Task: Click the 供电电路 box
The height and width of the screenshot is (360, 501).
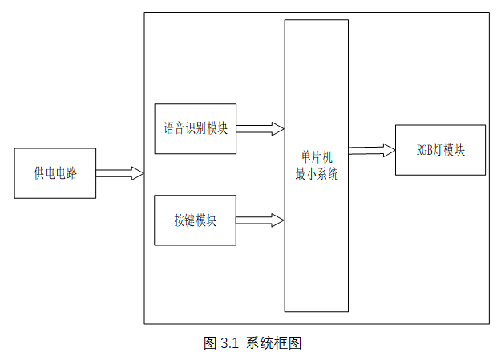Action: [55, 173]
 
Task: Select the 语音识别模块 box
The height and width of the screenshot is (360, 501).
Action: [195, 128]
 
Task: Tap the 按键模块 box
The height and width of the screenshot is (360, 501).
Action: [195, 220]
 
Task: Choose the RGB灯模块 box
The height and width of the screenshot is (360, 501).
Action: [440, 150]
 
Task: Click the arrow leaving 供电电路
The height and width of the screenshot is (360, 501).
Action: [119, 173]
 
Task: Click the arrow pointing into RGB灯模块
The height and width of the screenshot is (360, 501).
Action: [372, 150]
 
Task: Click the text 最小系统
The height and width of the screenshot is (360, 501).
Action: [317, 174]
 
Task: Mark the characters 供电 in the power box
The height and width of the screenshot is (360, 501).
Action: [44, 173]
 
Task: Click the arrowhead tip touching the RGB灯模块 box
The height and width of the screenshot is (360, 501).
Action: [394, 150]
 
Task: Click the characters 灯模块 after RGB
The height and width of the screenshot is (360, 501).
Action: [450, 150]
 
